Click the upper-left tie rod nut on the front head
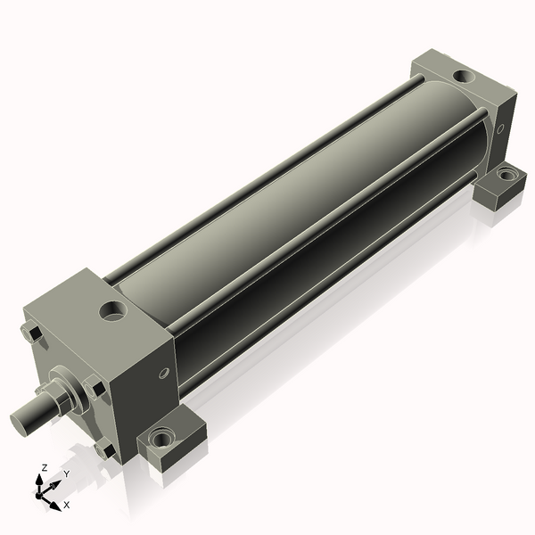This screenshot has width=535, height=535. coord(31,333)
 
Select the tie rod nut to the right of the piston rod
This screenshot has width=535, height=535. coord(95,387)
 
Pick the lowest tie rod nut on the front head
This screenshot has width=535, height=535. coord(105,449)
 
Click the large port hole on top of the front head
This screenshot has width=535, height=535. coord(113,311)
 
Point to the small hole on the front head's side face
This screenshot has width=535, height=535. coord(164,373)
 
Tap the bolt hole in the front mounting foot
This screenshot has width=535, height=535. coord(160,438)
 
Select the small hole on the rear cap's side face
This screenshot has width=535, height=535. coord(500,128)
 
